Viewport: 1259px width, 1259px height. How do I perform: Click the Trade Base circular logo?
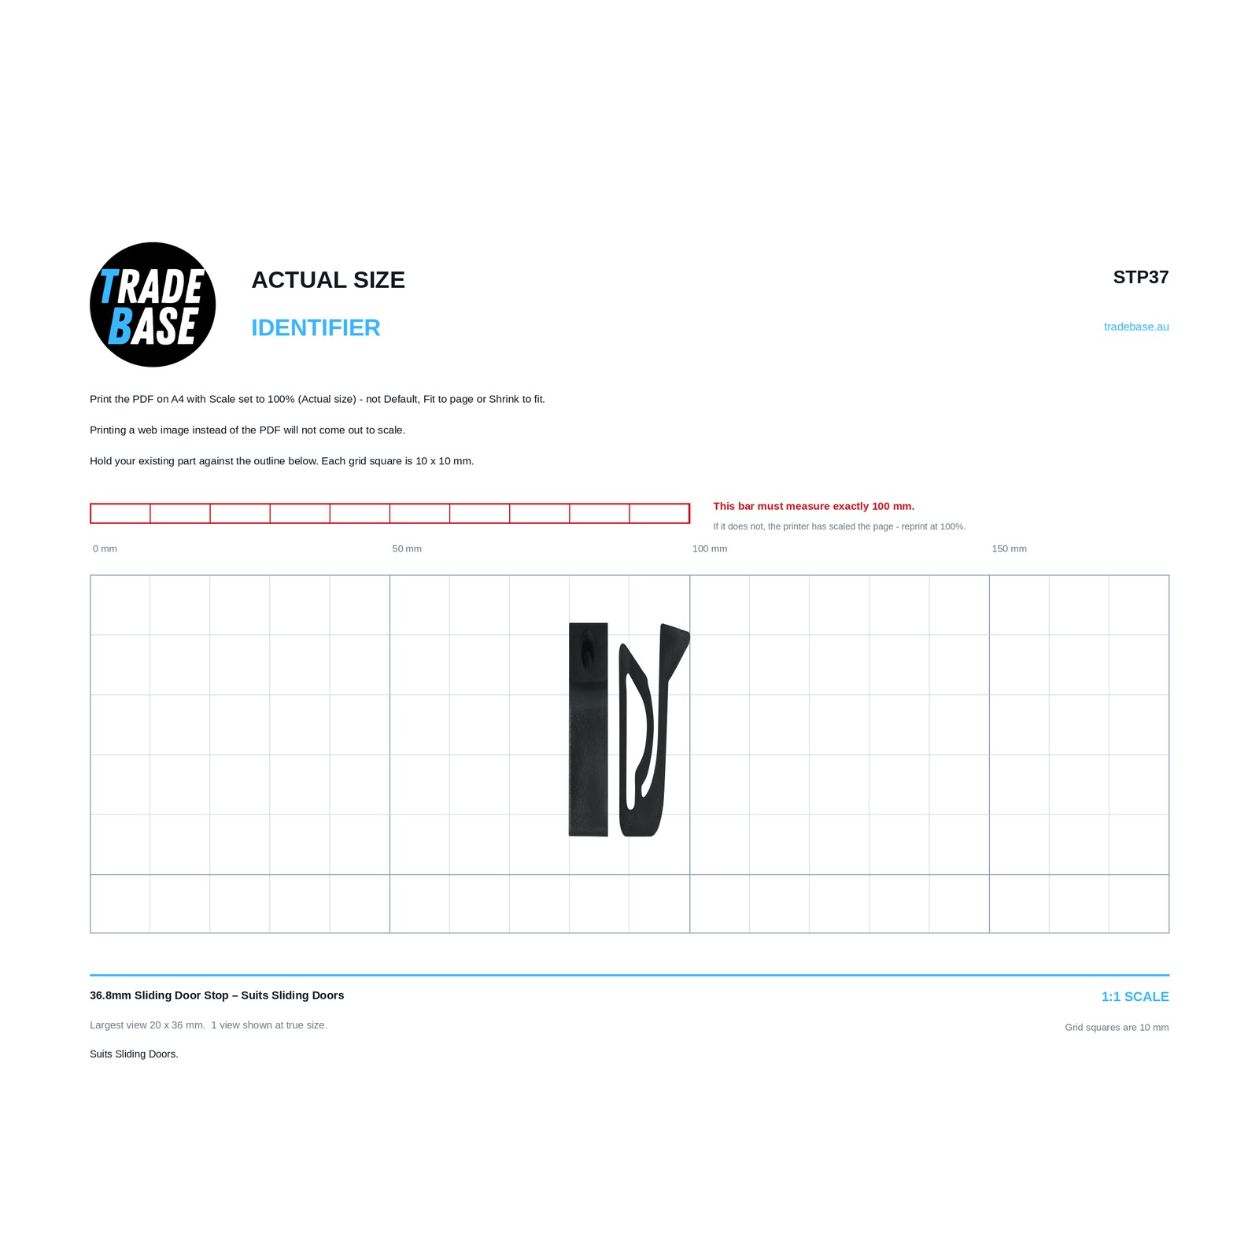point(153,305)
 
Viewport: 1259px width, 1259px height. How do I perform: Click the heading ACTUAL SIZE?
point(328,280)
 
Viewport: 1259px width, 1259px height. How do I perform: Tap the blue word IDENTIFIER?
point(316,328)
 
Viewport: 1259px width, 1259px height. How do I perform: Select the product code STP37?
point(1141,277)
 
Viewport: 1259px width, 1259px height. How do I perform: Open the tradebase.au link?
point(1136,327)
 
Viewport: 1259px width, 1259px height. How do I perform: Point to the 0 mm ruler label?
point(105,548)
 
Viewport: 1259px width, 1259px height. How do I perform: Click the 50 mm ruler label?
point(407,548)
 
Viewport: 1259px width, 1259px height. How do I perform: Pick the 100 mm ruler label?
point(710,548)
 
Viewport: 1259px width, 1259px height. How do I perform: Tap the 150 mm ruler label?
point(1009,548)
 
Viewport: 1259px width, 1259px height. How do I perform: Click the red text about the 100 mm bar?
point(814,506)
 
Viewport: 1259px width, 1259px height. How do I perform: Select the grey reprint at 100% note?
point(840,526)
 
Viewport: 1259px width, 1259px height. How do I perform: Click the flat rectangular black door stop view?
point(589,729)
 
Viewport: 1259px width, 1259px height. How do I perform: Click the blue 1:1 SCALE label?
point(1135,997)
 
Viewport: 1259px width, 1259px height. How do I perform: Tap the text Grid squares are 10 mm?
point(1117,1027)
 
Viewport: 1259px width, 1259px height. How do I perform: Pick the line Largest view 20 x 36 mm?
point(147,1025)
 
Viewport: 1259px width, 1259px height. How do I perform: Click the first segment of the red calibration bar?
point(120,513)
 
